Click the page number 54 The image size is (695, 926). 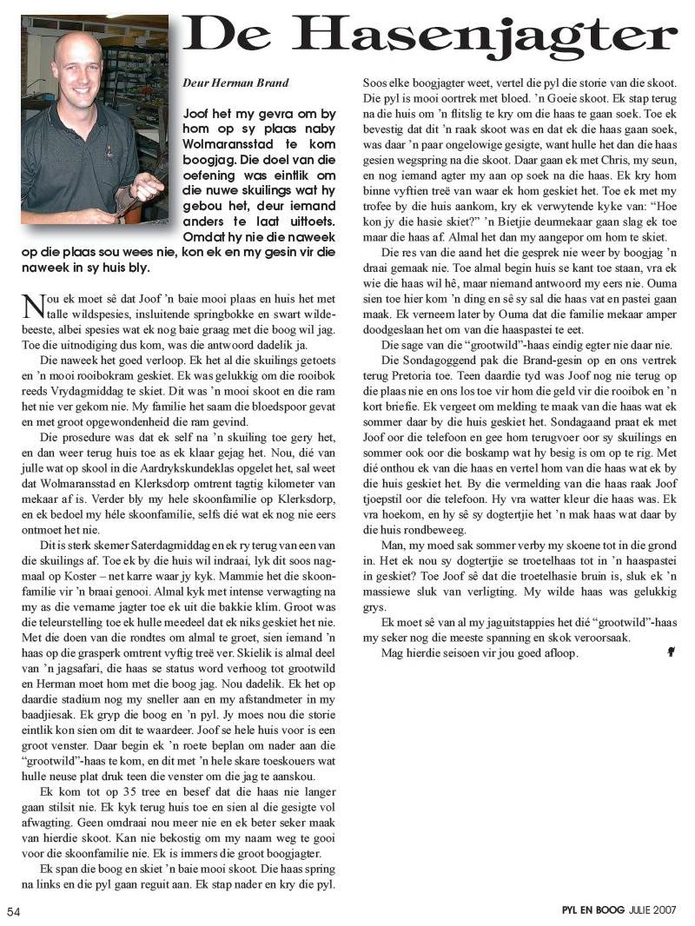[14, 911]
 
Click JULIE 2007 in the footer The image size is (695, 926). [653, 911]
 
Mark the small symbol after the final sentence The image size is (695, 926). [671, 651]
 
